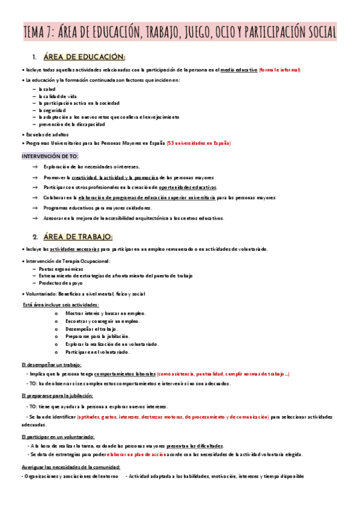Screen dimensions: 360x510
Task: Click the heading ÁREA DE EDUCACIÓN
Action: coord(84,57)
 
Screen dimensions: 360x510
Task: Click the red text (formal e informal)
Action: coord(279,70)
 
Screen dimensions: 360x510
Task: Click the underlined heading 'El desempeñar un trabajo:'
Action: coord(51,364)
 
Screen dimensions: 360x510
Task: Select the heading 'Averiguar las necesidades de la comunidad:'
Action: coord(70,467)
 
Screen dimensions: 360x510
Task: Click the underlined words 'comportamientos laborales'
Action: coord(126,373)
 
